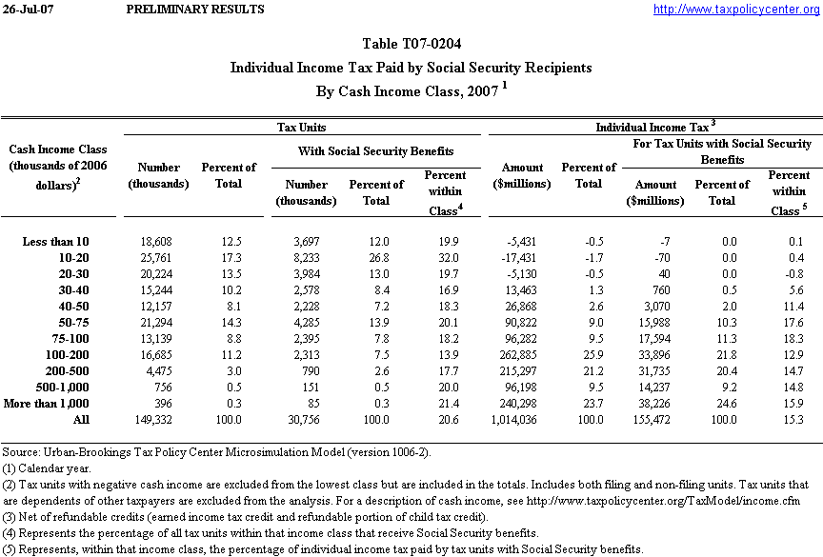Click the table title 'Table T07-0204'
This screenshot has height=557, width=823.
pyautogui.click(x=411, y=44)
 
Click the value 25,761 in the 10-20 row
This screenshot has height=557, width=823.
pyautogui.click(x=157, y=257)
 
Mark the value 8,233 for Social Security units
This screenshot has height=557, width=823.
pyautogui.click(x=310, y=257)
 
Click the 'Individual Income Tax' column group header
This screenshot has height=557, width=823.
pyautogui.click(x=654, y=127)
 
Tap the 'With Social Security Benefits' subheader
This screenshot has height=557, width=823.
pyautogui.click(x=376, y=150)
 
